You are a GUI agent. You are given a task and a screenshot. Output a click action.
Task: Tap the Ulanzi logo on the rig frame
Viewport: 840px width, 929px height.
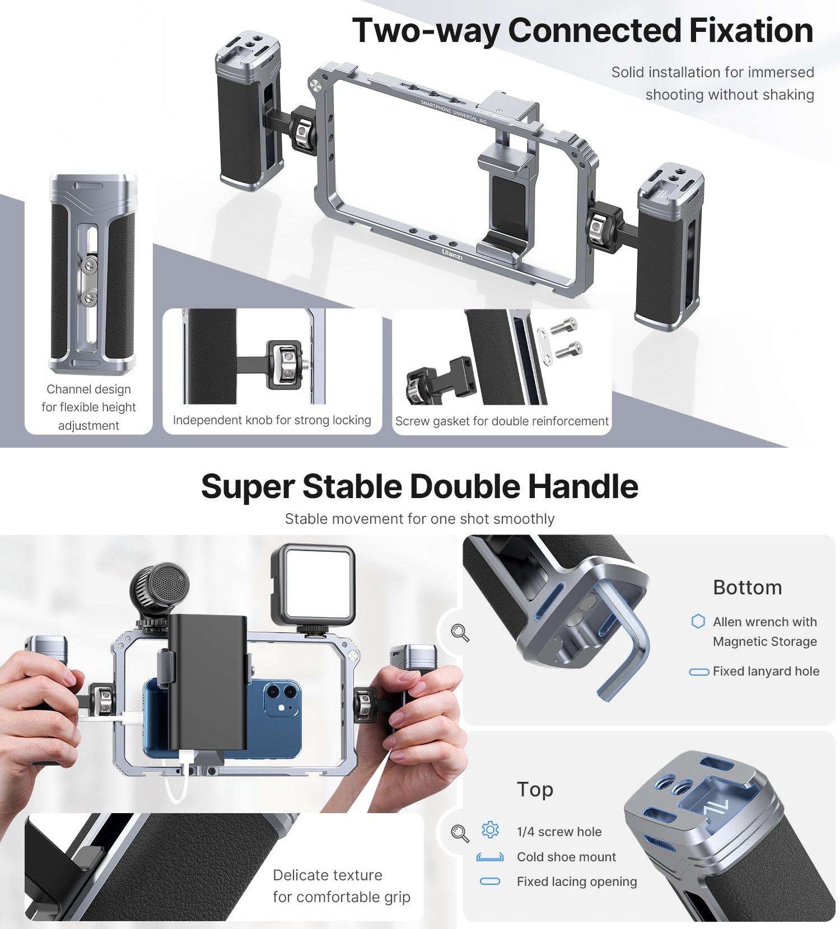pyautogui.click(x=452, y=254)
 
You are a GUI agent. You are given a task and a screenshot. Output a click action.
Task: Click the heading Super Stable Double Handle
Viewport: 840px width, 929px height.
pyautogui.click(x=419, y=486)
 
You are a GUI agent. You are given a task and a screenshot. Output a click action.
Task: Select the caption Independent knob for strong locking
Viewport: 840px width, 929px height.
pyautogui.click(x=272, y=420)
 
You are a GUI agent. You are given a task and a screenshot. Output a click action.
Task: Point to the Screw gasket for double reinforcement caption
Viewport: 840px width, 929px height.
pyautogui.click(x=502, y=421)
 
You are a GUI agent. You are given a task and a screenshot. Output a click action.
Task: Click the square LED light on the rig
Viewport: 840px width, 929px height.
pyautogui.click(x=313, y=584)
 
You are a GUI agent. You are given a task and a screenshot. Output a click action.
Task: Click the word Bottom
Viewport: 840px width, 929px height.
pyautogui.click(x=747, y=588)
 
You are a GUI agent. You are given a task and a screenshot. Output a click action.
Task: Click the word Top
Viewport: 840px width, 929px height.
pyautogui.click(x=535, y=790)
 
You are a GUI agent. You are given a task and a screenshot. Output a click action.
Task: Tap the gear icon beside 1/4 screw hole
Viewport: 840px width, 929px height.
pyautogui.click(x=490, y=829)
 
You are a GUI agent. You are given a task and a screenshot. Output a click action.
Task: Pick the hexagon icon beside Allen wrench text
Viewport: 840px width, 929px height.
pyautogui.click(x=698, y=622)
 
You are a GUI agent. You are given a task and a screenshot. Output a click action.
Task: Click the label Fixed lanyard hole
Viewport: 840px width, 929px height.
pyautogui.click(x=766, y=671)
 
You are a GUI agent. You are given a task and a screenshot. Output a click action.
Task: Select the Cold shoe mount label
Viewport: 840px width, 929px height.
pyautogui.click(x=566, y=857)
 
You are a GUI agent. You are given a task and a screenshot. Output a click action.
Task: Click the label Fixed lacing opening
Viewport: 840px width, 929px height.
pyautogui.click(x=577, y=881)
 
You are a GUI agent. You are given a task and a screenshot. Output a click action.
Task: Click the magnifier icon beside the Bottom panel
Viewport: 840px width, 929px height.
pyautogui.click(x=460, y=632)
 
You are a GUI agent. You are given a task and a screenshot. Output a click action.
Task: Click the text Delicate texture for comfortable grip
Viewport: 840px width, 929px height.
pyautogui.click(x=342, y=886)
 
